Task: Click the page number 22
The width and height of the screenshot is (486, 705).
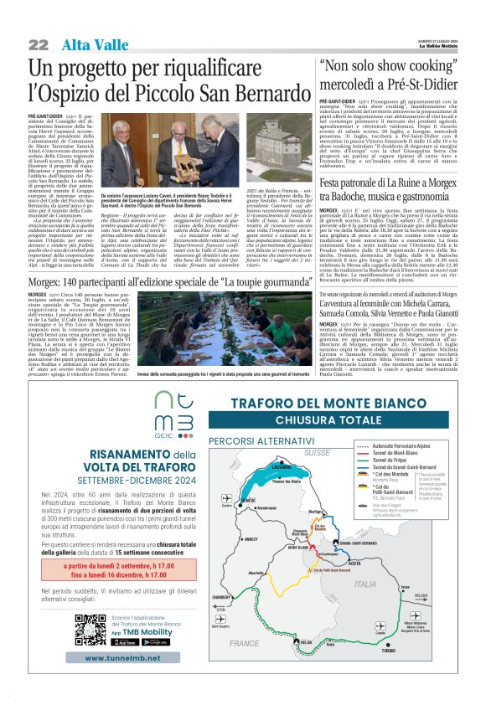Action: pyautogui.click(x=38, y=44)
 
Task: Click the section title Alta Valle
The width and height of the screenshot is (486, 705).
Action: pyautogui.click(x=86, y=45)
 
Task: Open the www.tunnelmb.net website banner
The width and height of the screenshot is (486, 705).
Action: pyautogui.click(x=121, y=658)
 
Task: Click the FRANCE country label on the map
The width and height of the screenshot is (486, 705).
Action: pyautogui.click(x=245, y=643)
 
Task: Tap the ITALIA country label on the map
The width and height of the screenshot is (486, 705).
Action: pyautogui.click(x=365, y=584)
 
